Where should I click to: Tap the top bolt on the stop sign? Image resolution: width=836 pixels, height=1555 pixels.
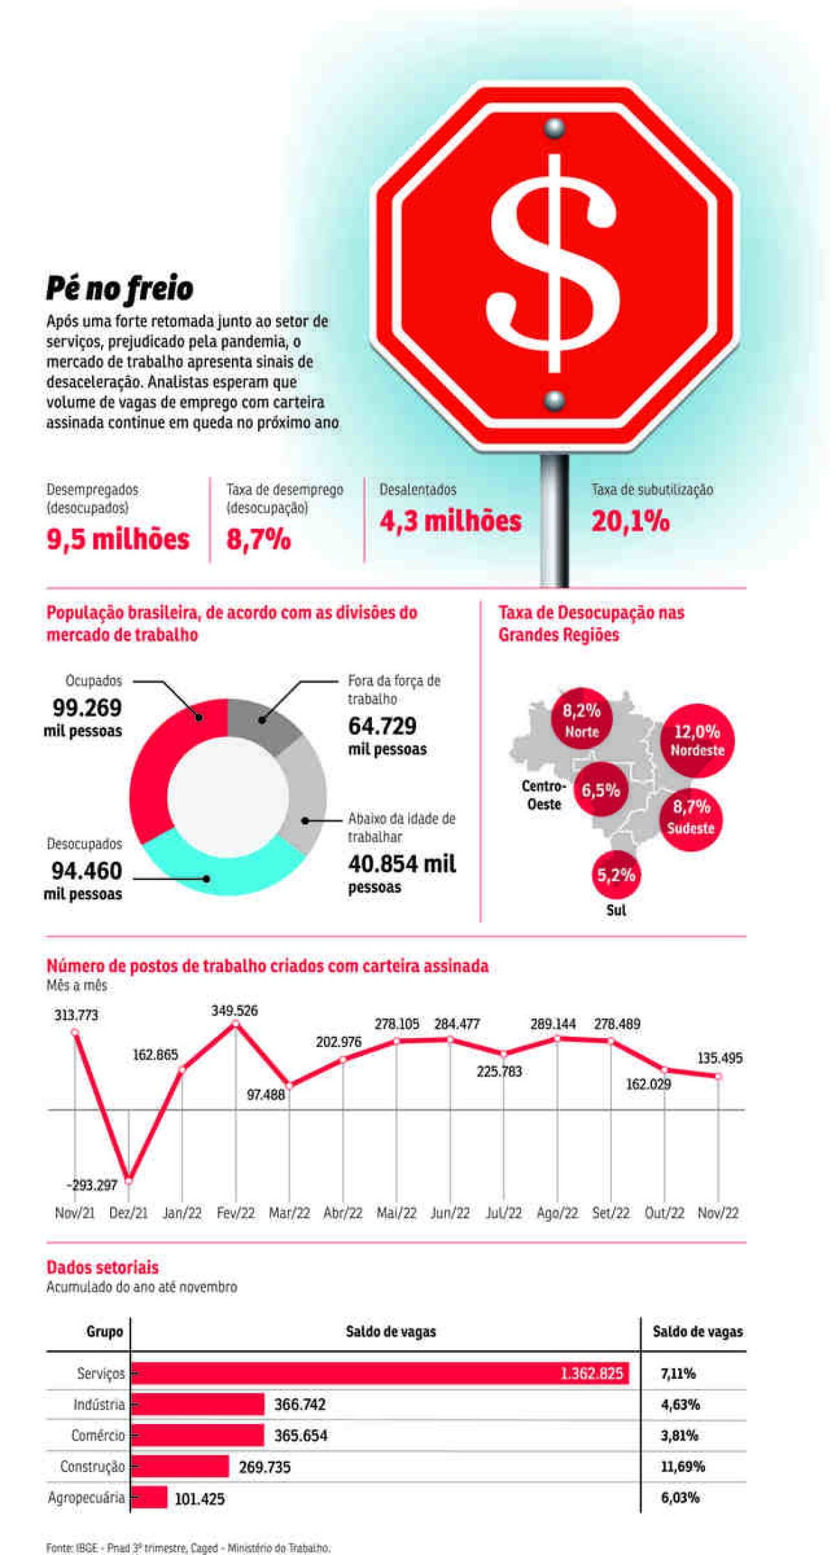(x=555, y=127)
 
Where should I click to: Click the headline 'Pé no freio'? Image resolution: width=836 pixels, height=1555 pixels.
(x=120, y=288)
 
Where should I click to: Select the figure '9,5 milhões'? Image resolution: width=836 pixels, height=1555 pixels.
(x=118, y=539)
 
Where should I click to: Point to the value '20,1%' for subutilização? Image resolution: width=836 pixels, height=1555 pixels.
(x=630, y=521)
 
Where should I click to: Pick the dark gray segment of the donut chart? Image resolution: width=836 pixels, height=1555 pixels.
(x=265, y=725)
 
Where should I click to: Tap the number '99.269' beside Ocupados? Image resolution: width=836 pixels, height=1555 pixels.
(x=87, y=708)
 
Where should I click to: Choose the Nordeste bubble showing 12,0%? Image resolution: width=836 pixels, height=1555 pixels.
(x=697, y=740)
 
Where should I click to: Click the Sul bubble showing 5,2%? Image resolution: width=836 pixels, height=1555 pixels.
(x=616, y=875)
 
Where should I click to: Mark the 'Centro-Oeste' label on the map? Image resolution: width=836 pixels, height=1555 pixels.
(x=544, y=795)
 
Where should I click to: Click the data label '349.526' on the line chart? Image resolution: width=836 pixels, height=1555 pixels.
(x=234, y=1010)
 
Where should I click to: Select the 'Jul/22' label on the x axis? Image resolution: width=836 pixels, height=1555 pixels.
(x=504, y=1213)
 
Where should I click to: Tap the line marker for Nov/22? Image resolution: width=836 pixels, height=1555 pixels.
(x=718, y=1076)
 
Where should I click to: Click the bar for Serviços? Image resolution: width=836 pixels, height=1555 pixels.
(x=380, y=1373)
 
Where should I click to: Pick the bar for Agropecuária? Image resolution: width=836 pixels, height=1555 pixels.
(x=149, y=1497)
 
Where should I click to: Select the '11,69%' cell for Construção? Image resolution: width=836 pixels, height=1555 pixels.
(x=683, y=1467)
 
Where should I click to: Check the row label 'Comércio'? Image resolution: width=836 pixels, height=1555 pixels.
(x=98, y=1435)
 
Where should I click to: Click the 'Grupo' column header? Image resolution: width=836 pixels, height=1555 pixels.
(x=104, y=1331)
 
